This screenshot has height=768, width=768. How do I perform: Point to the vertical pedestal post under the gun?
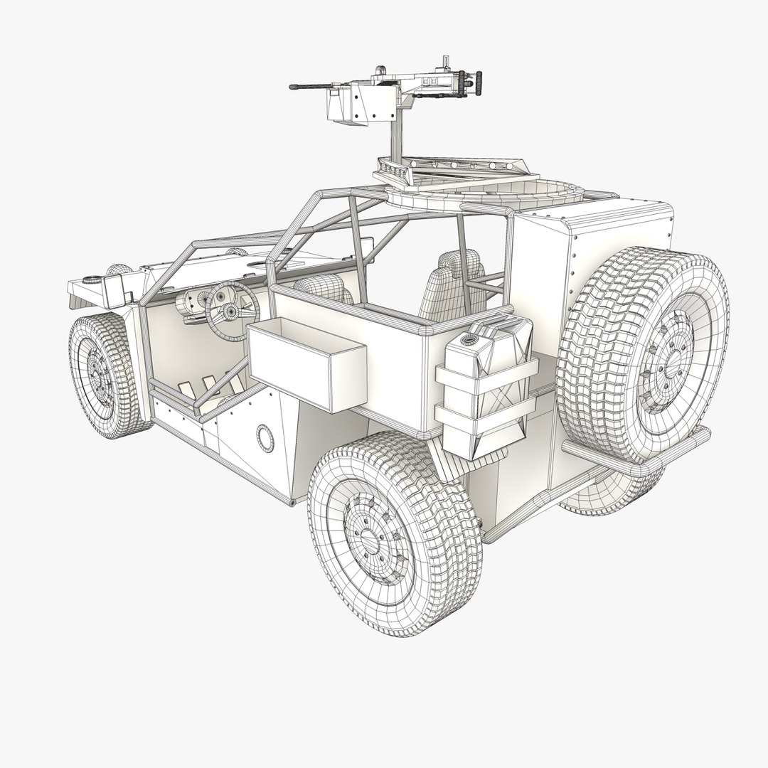[393, 139]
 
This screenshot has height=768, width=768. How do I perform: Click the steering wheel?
[232, 311]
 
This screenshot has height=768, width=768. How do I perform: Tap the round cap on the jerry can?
[469, 340]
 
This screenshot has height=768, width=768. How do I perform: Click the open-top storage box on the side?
[307, 363]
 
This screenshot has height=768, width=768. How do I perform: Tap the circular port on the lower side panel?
[265, 438]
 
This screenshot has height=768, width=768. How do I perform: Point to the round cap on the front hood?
[92, 279]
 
